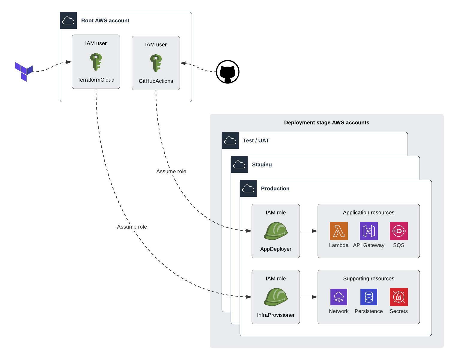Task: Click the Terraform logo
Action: tap(24, 71)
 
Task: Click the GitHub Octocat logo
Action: tap(228, 72)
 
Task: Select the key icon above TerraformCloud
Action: tap(96, 62)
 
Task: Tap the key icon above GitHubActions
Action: tap(156, 63)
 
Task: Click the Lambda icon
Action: tap(338, 231)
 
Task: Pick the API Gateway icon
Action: tap(368, 231)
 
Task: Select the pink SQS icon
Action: tap(398, 231)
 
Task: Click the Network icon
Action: tap(338, 297)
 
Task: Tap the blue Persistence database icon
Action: tap(368, 297)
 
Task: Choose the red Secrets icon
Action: tap(398, 297)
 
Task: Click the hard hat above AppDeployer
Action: tap(276, 231)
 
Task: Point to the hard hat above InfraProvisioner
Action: tap(276, 297)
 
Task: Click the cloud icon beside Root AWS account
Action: tap(68, 20)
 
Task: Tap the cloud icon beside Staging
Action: tap(239, 164)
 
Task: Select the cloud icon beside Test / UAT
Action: tap(230, 140)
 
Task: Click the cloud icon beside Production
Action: tap(248, 188)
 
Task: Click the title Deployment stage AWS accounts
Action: tap(326, 122)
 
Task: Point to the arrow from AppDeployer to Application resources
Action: tap(309, 231)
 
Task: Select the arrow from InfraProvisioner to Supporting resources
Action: tap(309, 297)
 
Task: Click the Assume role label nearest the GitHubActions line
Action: tap(171, 171)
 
